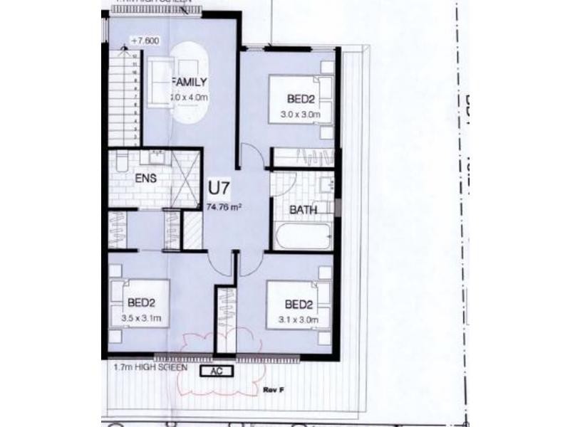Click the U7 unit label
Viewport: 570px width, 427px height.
click(x=218, y=189)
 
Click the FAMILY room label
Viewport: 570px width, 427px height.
click(x=189, y=80)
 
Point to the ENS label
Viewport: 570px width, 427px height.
click(x=145, y=179)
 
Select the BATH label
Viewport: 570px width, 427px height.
click(x=303, y=210)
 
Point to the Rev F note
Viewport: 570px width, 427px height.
click(x=274, y=391)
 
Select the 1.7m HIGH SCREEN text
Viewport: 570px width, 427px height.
click(x=150, y=368)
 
